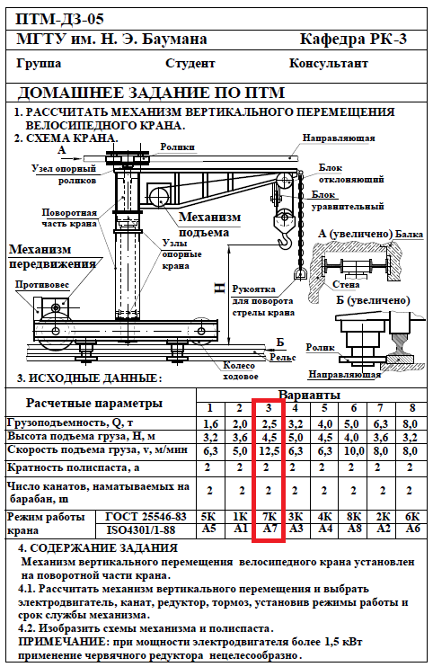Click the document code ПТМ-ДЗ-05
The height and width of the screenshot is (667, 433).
pos(60,20)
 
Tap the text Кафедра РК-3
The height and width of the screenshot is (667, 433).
pos(353,40)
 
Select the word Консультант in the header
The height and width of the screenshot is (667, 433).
pos(329,64)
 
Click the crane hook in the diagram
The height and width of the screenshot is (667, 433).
pos(284,232)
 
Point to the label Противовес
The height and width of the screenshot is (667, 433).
pos(41,285)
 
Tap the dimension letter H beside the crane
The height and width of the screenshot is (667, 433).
pos(219,288)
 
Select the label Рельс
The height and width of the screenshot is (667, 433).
pos(283,358)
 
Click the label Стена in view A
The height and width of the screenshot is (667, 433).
pos(346,285)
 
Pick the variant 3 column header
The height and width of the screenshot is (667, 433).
pos(268,408)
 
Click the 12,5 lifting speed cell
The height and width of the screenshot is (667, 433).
pos(269,450)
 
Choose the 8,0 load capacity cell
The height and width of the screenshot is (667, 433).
pos(410,423)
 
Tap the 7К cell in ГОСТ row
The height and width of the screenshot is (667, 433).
pos(269,517)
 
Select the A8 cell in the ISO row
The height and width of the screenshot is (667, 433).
pos(354,529)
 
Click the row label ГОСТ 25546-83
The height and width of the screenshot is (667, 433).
pos(146,517)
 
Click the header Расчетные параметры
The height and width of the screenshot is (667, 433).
pos(94,404)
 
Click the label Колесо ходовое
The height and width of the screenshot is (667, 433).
pos(239,371)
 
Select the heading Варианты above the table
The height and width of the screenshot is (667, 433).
pos(309,395)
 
